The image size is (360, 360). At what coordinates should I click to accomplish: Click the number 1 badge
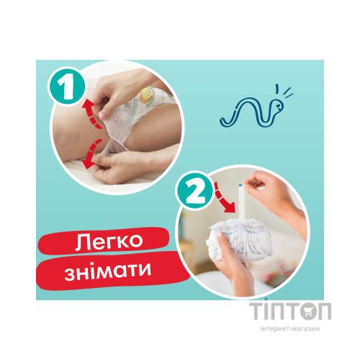coord(66,88)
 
